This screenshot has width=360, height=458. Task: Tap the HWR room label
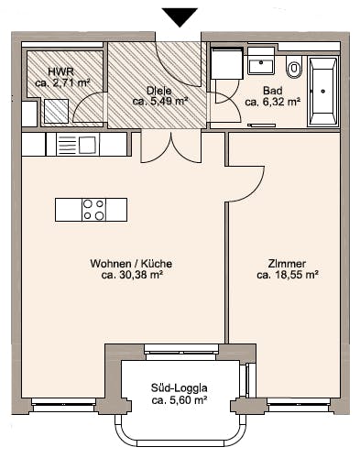60,71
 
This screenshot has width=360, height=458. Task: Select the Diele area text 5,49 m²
169,101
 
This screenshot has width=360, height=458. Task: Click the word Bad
273,91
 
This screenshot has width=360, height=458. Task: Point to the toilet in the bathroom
294,67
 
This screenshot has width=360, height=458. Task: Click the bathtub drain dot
323,91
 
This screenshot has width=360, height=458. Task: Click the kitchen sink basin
88,145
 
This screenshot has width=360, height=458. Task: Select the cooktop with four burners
93,210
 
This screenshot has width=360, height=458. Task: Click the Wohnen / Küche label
131,264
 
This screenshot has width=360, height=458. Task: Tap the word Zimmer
287,264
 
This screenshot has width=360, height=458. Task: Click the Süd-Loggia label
179,388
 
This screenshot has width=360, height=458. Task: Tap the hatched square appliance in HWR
56,111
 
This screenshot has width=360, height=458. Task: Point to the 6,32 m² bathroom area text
273,102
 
